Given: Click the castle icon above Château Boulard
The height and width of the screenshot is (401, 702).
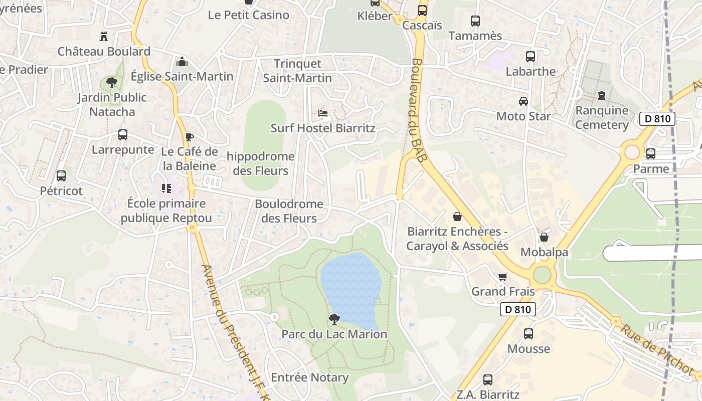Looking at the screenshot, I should [x=104, y=36].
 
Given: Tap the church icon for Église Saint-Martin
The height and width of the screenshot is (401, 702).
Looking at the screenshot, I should [x=182, y=62].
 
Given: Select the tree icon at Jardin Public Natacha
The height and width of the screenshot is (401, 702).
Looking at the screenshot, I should [x=111, y=83].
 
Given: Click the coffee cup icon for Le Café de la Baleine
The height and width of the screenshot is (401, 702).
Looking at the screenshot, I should [x=189, y=137].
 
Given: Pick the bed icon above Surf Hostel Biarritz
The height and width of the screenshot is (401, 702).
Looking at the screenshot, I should [x=323, y=113].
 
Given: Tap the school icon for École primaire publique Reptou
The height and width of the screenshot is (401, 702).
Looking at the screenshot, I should [x=166, y=189].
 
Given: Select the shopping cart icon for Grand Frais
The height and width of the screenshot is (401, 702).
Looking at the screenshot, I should [x=503, y=277].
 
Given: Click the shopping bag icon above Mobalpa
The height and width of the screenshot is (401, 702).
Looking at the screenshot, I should [x=544, y=237].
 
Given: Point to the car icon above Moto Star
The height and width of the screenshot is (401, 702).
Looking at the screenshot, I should [x=523, y=101].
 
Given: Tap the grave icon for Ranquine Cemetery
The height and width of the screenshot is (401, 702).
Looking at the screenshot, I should [x=602, y=95].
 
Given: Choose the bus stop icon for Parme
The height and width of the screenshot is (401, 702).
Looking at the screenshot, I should [x=651, y=154].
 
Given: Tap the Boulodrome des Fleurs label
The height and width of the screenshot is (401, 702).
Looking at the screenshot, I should [x=289, y=211].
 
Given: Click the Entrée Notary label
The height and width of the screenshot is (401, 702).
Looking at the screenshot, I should [x=309, y=377].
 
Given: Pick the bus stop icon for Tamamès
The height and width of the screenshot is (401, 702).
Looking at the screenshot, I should [x=475, y=21].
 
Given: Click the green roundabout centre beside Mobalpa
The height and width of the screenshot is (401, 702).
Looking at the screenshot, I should [x=542, y=275].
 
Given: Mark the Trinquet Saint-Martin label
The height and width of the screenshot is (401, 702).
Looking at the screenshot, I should [x=297, y=71].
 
